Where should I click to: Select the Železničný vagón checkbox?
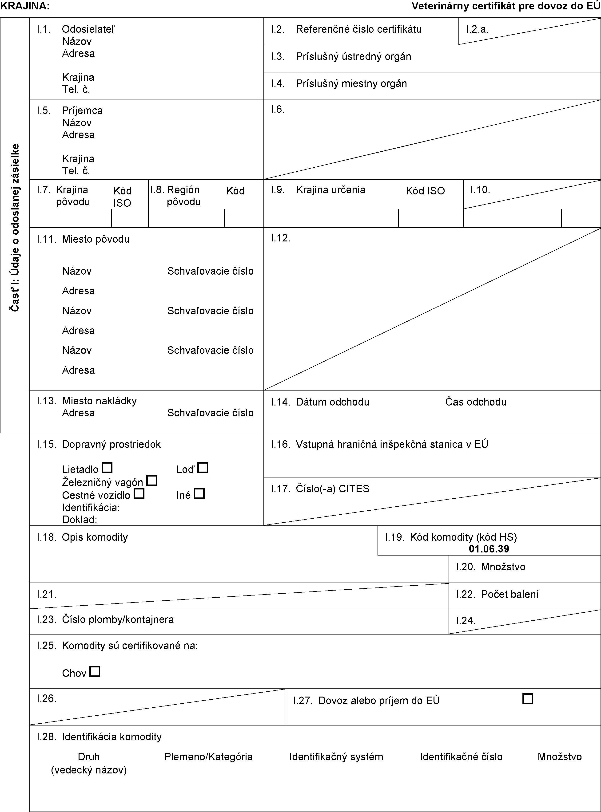click(152, 481)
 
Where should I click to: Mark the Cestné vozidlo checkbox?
click(139, 494)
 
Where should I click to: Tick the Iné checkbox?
click(199, 494)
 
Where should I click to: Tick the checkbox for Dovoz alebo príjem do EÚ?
click(528, 699)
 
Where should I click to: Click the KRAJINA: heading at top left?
click(25, 6)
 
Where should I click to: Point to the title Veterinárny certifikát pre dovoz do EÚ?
click(506, 6)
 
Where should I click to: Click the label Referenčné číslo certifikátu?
click(359, 29)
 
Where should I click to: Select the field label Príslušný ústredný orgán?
click(353, 57)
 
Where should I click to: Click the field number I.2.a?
click(477, 29)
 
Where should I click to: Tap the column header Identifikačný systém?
click(336, 757)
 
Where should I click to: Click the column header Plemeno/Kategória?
click(208, 757)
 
